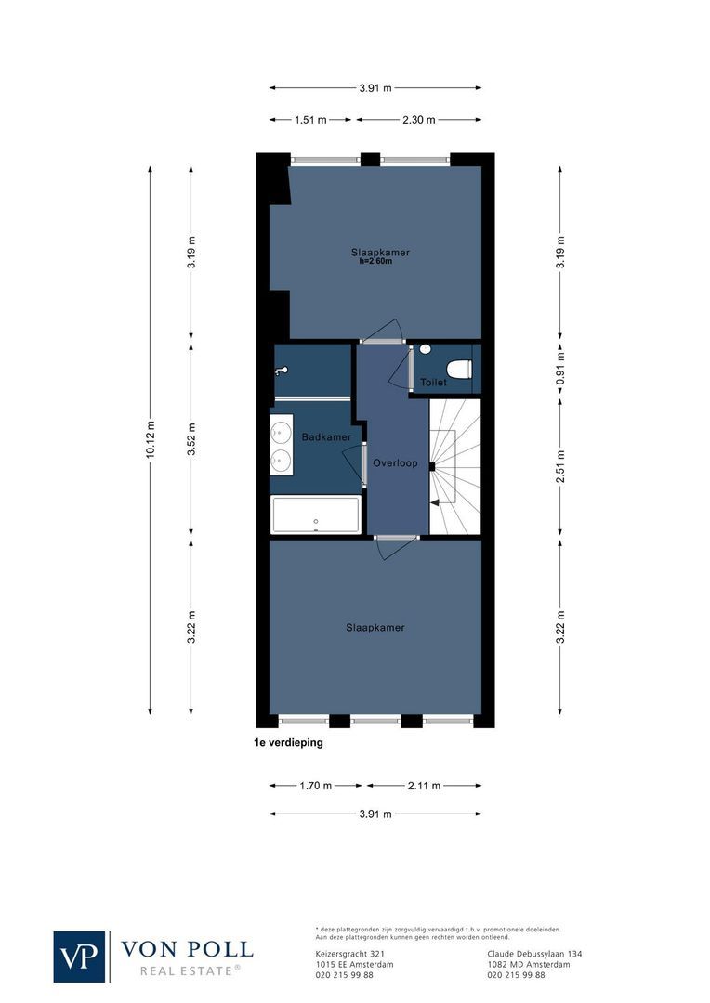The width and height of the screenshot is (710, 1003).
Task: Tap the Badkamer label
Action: tap(326, 437)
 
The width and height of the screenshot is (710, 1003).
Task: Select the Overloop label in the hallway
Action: tap(395, 462)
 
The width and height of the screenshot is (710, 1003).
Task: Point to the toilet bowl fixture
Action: tap(459, 369)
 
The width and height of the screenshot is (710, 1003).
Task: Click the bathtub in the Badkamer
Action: tap(315, 514)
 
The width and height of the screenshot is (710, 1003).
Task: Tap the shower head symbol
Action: tap(281, 371)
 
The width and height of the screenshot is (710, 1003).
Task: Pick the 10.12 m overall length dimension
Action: tap(151, 439)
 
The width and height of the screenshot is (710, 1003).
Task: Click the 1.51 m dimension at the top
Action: tap(310, 120)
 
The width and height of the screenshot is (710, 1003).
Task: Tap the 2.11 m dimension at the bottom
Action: tap(424, 786)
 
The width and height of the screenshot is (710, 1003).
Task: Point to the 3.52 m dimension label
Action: tap(191, 439)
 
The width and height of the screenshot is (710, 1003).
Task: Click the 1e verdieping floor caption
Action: tap(289, 743)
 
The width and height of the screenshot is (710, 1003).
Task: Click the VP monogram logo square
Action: tap(80, 956)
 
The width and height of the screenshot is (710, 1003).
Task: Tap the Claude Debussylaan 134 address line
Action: tap(534, 954)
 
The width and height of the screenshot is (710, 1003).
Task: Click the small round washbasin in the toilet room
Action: tap(425, 349)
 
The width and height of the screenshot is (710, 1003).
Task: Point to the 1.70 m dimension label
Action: tap(316, 786)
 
